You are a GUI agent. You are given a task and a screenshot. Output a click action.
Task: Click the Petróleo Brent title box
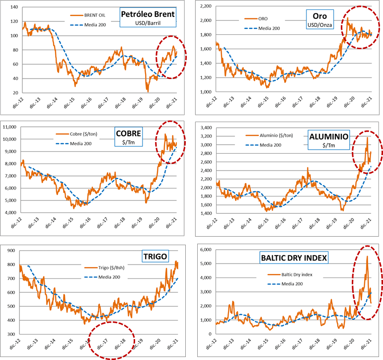[148, 17]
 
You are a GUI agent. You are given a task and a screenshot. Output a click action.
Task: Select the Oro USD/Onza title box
[320, 19]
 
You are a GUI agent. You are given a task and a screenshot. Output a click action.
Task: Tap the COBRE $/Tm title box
[129, 137]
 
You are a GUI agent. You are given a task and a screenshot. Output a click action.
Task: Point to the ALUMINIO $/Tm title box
[329, 140]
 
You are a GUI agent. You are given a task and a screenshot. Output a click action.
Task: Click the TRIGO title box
[155, 256]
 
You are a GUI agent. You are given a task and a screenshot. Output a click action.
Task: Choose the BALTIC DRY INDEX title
[294, 258]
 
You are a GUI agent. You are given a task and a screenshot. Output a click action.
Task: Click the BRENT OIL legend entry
[88, 15]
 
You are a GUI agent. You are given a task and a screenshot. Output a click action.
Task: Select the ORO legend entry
[256, 18]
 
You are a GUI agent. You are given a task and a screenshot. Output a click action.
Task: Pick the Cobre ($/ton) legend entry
[77, 134]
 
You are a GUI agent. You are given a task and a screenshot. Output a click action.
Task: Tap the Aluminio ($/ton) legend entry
[269, 135]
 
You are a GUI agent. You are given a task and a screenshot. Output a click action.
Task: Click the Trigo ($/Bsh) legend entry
[104, 268]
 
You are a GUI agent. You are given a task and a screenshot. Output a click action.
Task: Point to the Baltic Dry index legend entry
[290, 274]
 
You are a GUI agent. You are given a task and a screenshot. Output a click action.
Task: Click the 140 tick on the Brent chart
[14, 7]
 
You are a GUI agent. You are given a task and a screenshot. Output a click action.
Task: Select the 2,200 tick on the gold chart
[206, 6]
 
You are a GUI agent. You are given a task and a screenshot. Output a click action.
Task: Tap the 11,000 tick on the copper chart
[9, 127]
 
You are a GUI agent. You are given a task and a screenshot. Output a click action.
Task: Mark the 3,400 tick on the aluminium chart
[206, 128]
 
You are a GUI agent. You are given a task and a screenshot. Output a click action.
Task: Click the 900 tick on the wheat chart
[11, 251]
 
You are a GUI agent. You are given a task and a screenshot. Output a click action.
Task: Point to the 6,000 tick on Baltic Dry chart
[206, 250]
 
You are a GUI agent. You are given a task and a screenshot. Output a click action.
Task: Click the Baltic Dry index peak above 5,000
[367, 256]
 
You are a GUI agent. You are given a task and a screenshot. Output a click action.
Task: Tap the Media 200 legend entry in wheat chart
[102, 277]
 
